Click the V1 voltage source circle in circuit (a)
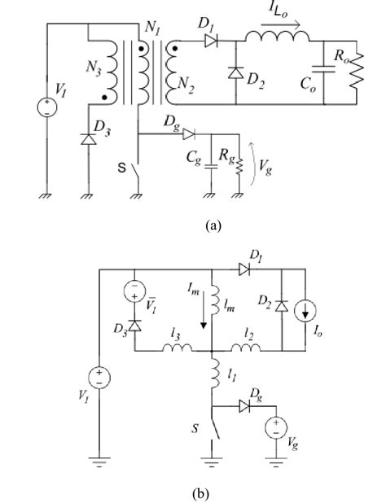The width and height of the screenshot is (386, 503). click(x=47, y=107)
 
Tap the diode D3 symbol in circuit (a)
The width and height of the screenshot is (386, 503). click(x=89, y=140)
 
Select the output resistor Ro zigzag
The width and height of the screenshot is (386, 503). click(x=357, y=71)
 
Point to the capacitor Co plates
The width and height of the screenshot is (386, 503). click(x=323, y=70)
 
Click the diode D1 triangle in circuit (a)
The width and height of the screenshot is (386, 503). click(x=211, y=41)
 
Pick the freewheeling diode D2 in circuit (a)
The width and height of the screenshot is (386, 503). click(x=236, y=72)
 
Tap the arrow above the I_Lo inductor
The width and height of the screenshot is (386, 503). click(x=281, y=24)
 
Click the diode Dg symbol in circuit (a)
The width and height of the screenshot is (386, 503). click(x=189, y=133)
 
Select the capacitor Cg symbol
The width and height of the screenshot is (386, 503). click(x=211, y=167)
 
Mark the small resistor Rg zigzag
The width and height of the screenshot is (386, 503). click(x=239, y=165)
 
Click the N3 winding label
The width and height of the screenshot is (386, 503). click(x=94, y=68)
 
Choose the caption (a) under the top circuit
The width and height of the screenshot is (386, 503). click(x=213, y=225)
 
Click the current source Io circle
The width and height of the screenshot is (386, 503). click(x=305, y=312)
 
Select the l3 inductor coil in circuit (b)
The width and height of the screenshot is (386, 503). click(x=178, y=348)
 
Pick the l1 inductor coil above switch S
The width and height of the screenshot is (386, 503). click(x=216, y=374)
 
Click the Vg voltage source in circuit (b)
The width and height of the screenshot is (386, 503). click(x=276, y=427)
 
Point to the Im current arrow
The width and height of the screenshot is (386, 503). click(x=203, y=311)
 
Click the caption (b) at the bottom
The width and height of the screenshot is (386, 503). click(x=200, y=493)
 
